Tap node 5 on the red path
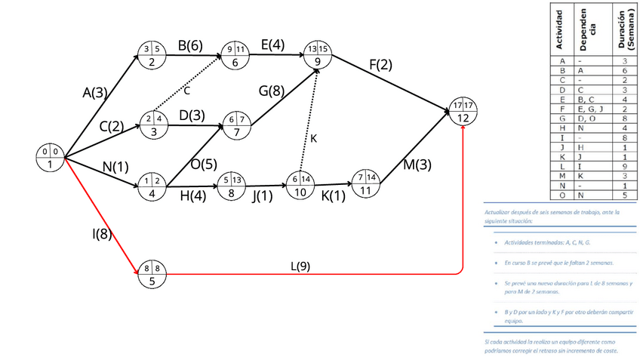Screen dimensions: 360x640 (152, 274)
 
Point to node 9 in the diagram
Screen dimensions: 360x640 (318, 56)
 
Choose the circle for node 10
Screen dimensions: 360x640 (300, 185)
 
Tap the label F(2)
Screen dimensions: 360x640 (380, 65)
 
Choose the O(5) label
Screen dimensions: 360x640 (202, 164)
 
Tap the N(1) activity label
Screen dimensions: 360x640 (115, 168)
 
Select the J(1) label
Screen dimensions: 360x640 (262, 196)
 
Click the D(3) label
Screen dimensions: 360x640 (192, 115)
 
